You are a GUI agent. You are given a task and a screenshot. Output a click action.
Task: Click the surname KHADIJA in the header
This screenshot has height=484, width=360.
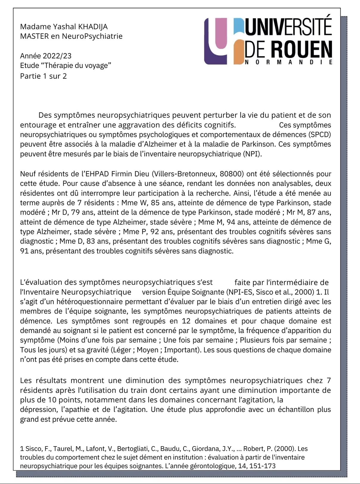(93, 27)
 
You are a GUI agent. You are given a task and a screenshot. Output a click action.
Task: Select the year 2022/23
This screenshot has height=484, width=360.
(57, 56)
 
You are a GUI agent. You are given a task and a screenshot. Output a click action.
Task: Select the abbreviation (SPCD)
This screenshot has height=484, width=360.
(319, 134)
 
